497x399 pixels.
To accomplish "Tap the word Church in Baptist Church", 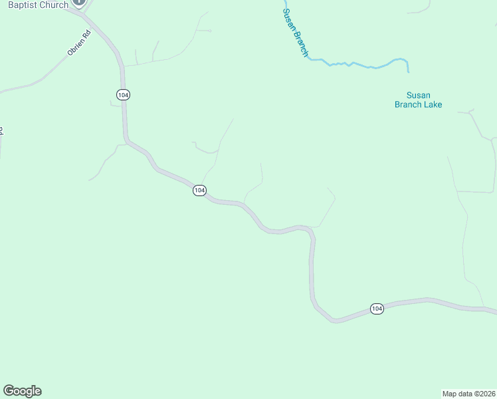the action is click(x=54, y=5).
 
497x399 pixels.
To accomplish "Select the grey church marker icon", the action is click(x=79, y=3).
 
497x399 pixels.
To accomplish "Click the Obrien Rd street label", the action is click(x=78, y=43).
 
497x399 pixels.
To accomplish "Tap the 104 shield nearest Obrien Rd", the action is click(x=122, y=94).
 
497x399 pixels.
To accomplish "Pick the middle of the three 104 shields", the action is click(x=199, y=190).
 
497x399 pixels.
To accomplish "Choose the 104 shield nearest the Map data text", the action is click(x=377, y=309).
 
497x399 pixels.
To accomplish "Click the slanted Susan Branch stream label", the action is click(x=296, y=32).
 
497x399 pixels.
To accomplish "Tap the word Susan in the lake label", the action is click(x=419, y=95).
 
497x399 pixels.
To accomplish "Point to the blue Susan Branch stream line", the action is click(x=359, y=65).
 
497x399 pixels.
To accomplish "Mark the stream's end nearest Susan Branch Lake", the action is click(x=408, y=71).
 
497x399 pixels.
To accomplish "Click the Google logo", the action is click(x=22, y=391).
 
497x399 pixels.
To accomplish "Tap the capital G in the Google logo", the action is click(x=9, y=391).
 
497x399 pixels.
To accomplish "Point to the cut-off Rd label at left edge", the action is click(x=1, y=131).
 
